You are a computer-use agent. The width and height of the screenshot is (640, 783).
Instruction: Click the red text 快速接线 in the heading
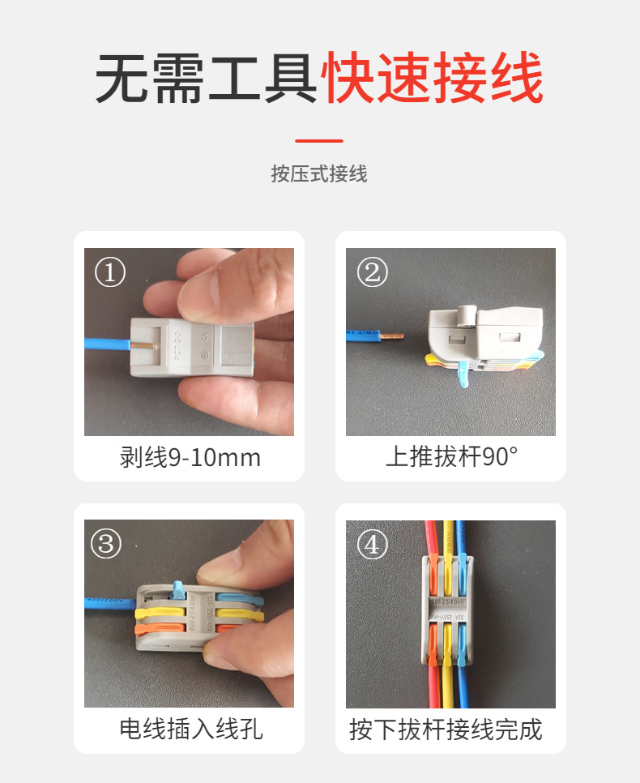point(433,79)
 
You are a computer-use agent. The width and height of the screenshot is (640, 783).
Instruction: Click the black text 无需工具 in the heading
point(207,79)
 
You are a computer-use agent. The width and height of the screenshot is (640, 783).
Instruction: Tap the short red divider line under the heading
point(319,140)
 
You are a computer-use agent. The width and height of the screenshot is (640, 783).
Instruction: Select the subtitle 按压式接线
point(319,173)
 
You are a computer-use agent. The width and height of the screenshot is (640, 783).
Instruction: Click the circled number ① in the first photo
point(110,272)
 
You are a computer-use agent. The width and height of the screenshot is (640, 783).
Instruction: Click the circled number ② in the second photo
point(372,272)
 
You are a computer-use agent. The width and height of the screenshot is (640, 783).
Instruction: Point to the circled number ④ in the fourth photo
point(372,544)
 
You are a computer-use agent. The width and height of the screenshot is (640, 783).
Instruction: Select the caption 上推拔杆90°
point(450,458)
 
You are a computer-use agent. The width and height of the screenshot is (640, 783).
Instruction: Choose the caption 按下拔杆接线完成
point(445,729)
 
